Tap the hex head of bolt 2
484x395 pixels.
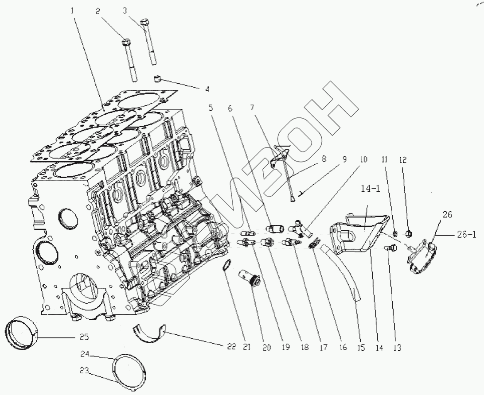[125, 43]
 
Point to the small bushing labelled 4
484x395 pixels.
[157, 79]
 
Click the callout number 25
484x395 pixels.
[84, 337]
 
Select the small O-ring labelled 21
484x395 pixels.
[226, 265]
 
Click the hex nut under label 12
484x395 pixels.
[410, 232]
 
